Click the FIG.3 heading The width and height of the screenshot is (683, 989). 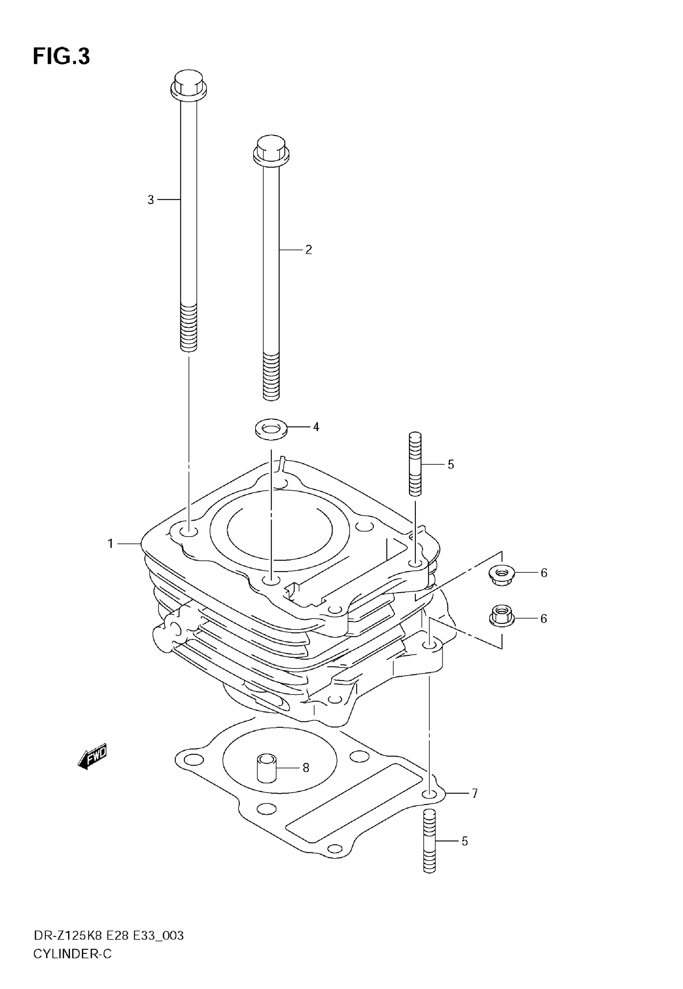point(61,57)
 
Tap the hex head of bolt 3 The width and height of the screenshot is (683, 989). point(189,84)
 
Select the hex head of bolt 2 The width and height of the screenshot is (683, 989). point(271,150)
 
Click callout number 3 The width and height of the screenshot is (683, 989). point(151,200)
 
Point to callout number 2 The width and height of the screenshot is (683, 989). point(309,250)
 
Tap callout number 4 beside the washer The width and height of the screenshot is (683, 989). point(316,427)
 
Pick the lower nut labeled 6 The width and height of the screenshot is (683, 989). point(501,618)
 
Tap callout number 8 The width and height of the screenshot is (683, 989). point(306,768)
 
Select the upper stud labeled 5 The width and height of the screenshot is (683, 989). point(415,464)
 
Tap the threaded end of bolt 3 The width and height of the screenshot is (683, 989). point(189,327)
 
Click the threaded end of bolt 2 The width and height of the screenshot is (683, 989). point(271,376)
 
